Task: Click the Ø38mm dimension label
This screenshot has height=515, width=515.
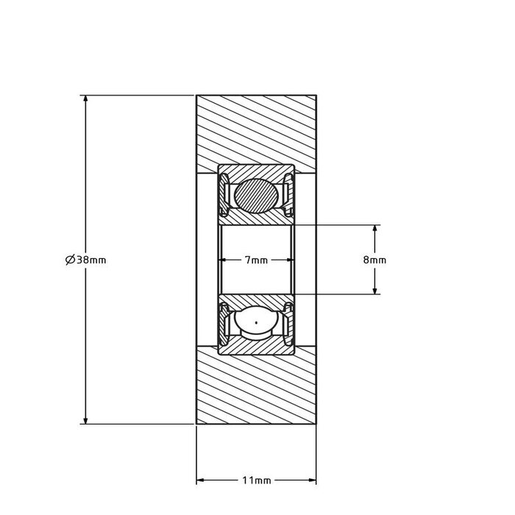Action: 85,260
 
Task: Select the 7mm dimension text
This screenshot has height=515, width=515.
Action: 255,260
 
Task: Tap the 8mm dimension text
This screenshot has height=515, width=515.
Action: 375,260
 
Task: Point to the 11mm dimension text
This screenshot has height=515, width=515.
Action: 256,481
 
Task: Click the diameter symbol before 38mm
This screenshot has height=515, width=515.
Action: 70,260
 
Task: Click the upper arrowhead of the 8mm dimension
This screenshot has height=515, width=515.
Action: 375,230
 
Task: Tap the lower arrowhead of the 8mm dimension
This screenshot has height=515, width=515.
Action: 375,290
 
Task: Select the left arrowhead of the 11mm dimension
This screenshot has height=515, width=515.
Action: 201,481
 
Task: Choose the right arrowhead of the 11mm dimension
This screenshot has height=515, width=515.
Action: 311,481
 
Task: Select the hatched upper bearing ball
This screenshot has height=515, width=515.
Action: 256,196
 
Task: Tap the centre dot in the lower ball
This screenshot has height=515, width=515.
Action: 256,322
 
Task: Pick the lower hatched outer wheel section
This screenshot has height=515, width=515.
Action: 256,390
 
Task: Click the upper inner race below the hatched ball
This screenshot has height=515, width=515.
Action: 256,219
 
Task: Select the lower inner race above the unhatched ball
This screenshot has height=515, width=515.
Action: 256,299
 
